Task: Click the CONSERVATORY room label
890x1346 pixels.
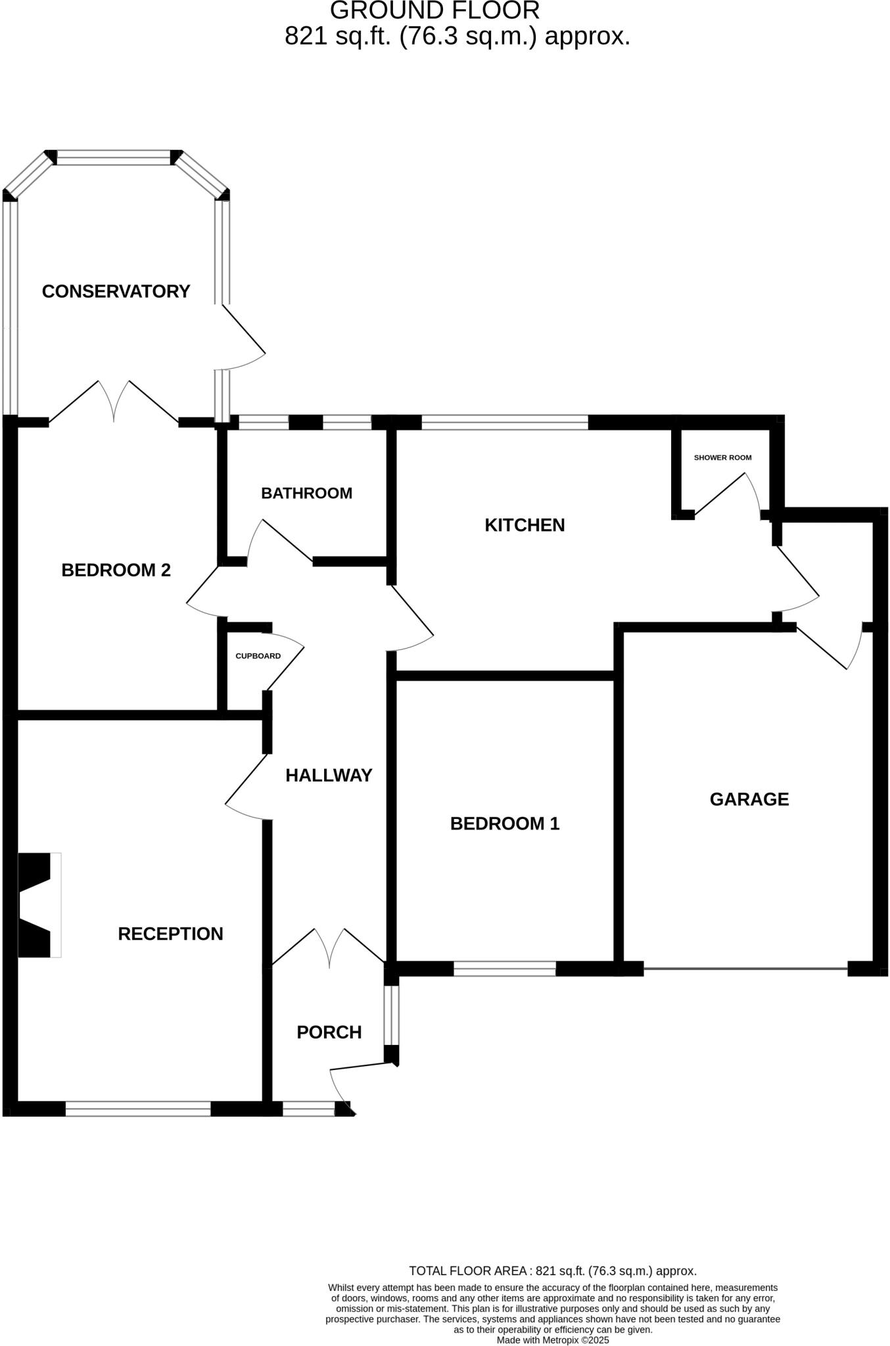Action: pyautogui.click(x=116, y=291)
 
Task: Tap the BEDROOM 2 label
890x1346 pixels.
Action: pyautogui.click(x=116, y=570)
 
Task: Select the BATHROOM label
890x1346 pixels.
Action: pyautogui.click(x=306, y=493)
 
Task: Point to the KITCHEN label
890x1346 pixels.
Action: pyautogui.click(x=525, y=525)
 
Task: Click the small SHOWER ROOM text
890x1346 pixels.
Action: pyautogui.click(x=722, y=457)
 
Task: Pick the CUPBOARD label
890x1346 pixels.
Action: pyautogui.click(x=258, y=656)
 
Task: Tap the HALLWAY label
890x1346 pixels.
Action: pyautogui.click(x=329, y=776)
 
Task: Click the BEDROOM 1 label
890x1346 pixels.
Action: pyautogui.click(x=504, y=824)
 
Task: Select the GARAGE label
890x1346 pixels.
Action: pyautogui.click(x=749, y=799)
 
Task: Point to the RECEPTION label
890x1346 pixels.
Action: pyautogui.click(x=170, y=934)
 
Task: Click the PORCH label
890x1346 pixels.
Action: pyautogui.click(x=329, y=1033)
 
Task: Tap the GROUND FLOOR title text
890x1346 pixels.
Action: pyautogui.click(x=434, y=11)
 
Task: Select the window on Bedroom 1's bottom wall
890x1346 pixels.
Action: pyautogui.click(x=504, y=968)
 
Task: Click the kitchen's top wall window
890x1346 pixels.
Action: pyautogui.click(x=504, y=422)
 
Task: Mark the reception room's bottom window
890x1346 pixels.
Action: pyautogui.click(x=138, y=1109)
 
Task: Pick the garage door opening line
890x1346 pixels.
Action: pyautogui.click(x=745, y=968)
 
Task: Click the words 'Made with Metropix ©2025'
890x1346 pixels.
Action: pyautogui.click(x=553, y=1339)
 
